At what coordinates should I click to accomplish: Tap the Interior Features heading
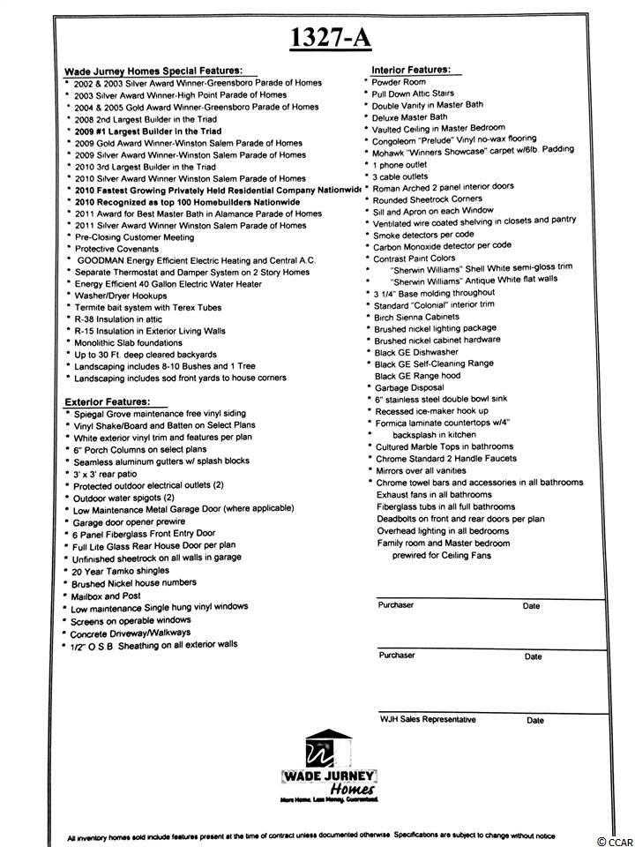coord(410,69)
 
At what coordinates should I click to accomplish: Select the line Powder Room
coord(399,81)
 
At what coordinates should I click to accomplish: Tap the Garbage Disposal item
coord(409,387)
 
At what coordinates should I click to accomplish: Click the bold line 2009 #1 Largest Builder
coord(147,131)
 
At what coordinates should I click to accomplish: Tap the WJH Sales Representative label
coord(427,719)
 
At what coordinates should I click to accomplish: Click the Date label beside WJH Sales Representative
coord(534,720)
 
